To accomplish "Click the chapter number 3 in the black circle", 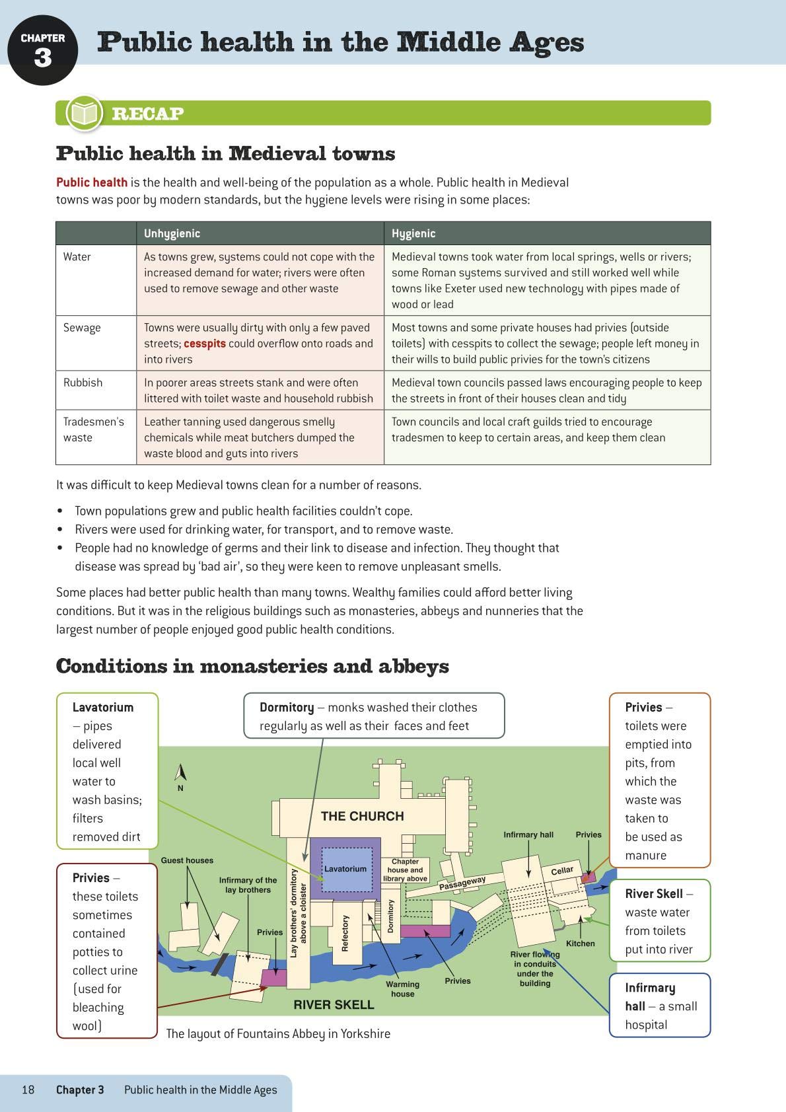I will [42, 58].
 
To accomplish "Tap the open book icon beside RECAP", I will [84, 113].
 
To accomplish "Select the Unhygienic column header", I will [172, 233].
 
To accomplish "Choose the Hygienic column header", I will [413, 233].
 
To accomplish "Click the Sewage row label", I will [82, 328].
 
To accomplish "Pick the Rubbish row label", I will [83, 383].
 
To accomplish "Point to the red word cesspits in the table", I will [205, 344].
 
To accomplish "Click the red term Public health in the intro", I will [92, 182].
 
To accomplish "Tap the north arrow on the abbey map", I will [180, 773].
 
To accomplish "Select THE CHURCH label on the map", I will [362, 816].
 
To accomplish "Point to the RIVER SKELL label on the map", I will [334, 1004].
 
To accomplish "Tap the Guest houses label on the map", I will [187, 860].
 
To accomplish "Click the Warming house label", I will [402, 989].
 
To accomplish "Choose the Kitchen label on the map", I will [580, 944].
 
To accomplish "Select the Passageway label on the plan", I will [462, 883].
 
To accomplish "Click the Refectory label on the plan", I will [344, 933].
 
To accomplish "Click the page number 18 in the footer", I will [28, 1090].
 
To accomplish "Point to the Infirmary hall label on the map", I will [528, 834].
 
